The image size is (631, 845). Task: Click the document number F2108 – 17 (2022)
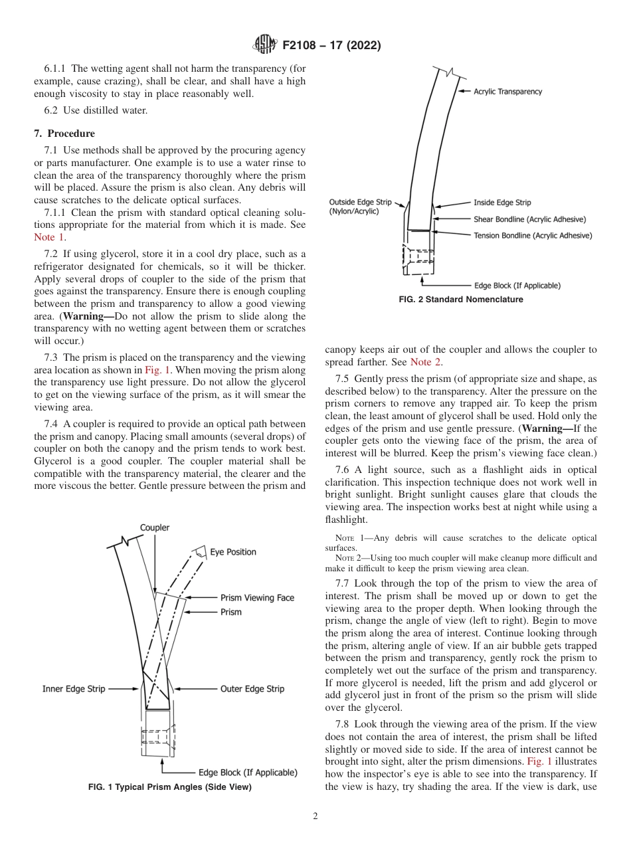click(x=331, y=46)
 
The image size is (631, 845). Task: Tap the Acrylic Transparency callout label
click(x=507, y=92)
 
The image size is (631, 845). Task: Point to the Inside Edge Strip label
click(x=501, y=203)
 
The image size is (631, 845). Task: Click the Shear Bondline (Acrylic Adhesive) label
click(x=529, y=219)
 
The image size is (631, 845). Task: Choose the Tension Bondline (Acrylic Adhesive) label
click(x=532, y=235)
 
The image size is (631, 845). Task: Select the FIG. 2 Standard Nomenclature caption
click(x=460, y=300)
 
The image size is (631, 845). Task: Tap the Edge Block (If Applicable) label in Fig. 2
click(x=517, y=286)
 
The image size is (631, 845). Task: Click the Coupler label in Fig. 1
click(x=154, y=527)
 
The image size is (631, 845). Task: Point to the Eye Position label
click(x=232, y=552)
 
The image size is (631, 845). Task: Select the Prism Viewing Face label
click(x=257, y=598)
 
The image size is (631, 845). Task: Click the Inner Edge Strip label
click(x=74, y=689)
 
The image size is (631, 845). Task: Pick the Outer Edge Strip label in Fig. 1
click(x=252, y=689)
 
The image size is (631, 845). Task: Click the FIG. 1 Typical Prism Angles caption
click(x=170, y=787)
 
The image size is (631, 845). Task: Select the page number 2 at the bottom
click(x=315, y=816)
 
